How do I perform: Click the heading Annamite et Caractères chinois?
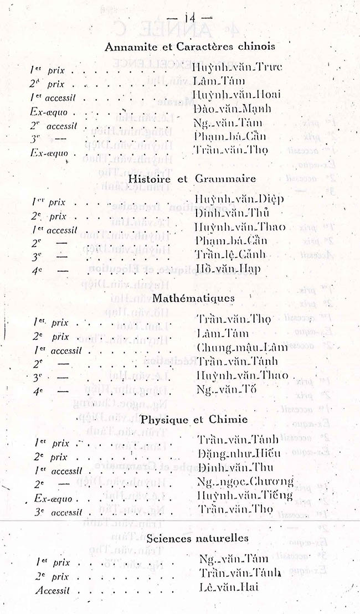[x=189, y=47]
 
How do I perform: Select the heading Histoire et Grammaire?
[x=192, y=179]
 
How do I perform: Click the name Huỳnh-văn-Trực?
[x=237, y=68]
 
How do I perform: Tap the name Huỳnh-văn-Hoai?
[x=236, y=95]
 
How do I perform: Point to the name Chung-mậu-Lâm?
[x=242, y=348]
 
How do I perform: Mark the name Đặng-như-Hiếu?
[x=239, y=454]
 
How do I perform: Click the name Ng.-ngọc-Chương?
[x=245, y=482]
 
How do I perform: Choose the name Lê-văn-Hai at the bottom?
[x=229, y=587]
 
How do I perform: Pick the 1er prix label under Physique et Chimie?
[x=52, y=443]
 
